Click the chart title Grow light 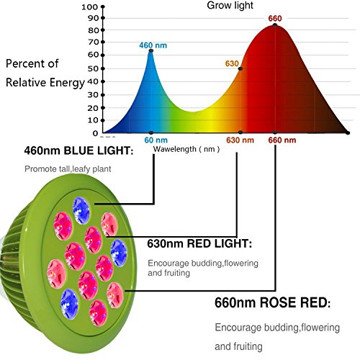point(230,6)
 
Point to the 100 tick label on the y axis point(89,7)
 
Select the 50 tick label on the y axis point(93,68)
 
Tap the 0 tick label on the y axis point(95,133)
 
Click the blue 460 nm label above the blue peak point(153,45)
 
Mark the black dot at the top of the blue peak point(151,50)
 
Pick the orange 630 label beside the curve point(232,63)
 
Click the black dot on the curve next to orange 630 point(240,68)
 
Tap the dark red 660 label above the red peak point(275,18)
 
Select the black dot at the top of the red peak point(275,25)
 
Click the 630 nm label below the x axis point(240,140)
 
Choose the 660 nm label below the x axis point(282,140)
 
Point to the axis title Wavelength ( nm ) point(186,149)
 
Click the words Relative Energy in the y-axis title point(45,83)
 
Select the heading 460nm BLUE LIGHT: point(78,150)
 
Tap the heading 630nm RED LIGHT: point(199,243)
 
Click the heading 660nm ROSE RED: point(272,302)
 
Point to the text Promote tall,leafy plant point(68,169)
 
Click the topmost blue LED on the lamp point(81,210)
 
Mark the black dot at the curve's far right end point(348,132)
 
